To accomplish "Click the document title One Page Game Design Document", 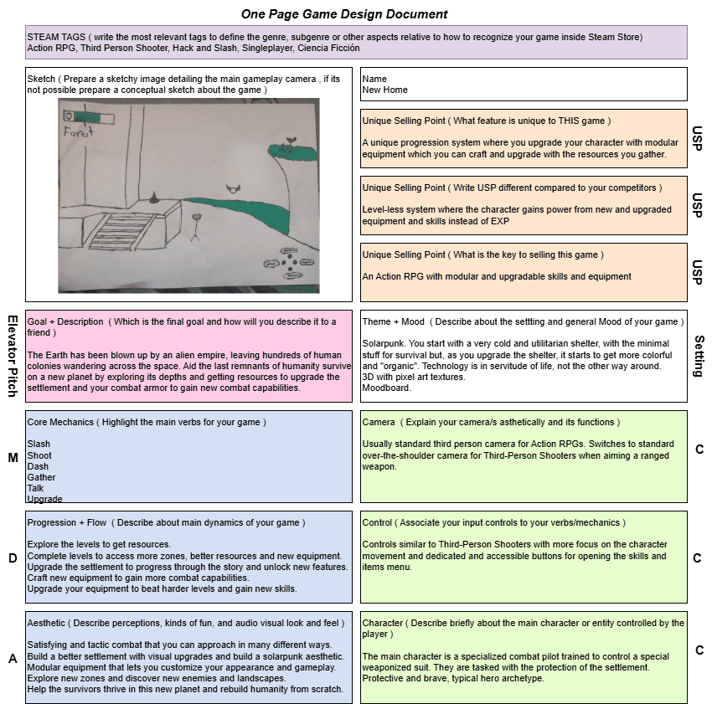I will click(x=343, y=14).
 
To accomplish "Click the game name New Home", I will click(x=384, y=90).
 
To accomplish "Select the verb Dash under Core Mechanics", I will click(x=38, y=466).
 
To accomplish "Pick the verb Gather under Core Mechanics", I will click(x=41, y=477).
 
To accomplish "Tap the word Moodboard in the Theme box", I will click(x=385, y=387).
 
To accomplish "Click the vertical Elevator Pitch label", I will click(x=13, y=355).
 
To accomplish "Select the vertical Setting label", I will click(x=699, y=355).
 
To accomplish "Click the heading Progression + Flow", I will click(x=66, y=522).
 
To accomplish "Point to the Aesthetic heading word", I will click(x=46, y=623).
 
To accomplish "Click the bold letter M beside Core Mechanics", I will click(x=13, y=457).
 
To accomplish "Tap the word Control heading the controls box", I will click(x=377, y=522).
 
